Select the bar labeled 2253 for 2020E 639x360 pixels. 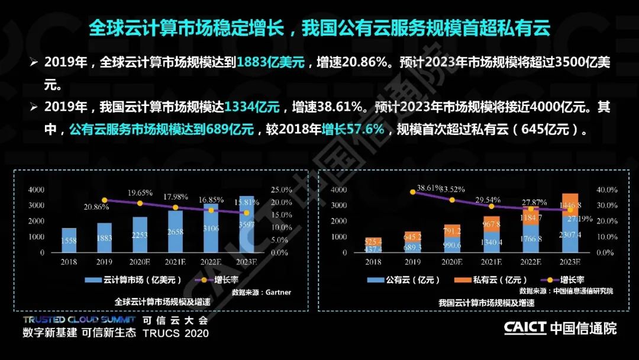(x=140, y=234)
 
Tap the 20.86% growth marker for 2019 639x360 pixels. (x=105, y=200)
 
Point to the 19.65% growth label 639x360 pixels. (x=140, y=193)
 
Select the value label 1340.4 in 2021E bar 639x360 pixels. (x=491, y=242)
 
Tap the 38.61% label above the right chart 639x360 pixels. (x=430, y=188)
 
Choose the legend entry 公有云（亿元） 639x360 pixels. (x=393, y=280)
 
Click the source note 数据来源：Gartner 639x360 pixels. (x=262, y=292)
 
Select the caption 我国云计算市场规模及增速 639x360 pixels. (x=486, y=303)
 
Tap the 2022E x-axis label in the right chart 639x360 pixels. (x=531, y=261)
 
